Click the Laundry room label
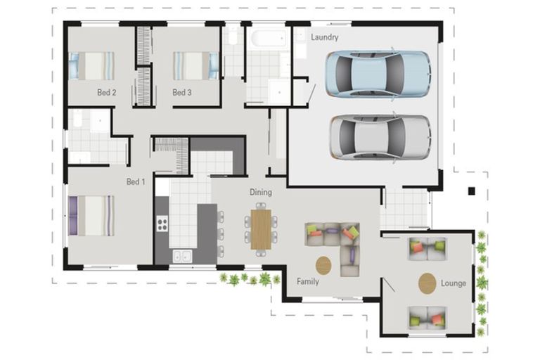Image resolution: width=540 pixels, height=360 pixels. [x=324, y=37]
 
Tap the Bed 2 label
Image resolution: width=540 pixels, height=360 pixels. [x=106, y=92]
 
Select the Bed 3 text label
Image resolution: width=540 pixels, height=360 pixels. [x=182, y=92]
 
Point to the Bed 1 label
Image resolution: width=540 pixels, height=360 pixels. [x=136, y=181]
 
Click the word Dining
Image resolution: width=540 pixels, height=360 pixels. [x=261, y=192]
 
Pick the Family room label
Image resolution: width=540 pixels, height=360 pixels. [x=308, y=281]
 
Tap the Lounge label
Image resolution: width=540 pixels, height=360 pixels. [x=454, y=283]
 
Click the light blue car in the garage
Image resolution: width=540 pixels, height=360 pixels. [x=378, y=74]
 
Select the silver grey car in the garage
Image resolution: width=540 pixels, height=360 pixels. [x=380, y=137]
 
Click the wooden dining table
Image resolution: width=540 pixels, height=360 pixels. [x=261, y=229]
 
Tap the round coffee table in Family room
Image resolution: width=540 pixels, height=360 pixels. [x=323, y=266]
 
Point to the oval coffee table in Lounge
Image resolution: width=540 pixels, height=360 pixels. [x=427, y=283]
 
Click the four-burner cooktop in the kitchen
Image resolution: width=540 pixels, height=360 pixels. [x=162, y=223]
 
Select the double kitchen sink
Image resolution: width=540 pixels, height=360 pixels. [x=182, y=257]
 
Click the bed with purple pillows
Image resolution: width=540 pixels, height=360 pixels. [x=91, y=216]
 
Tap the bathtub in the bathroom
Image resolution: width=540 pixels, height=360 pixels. [x=269, y=38]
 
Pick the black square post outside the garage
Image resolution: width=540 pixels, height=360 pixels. [x=472, y=191]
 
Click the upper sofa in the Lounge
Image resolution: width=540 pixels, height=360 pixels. [x=427, y=248]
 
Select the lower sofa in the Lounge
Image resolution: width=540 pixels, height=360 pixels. [x=427, y=318]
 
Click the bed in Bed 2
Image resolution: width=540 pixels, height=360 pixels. [x=91, y=66]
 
